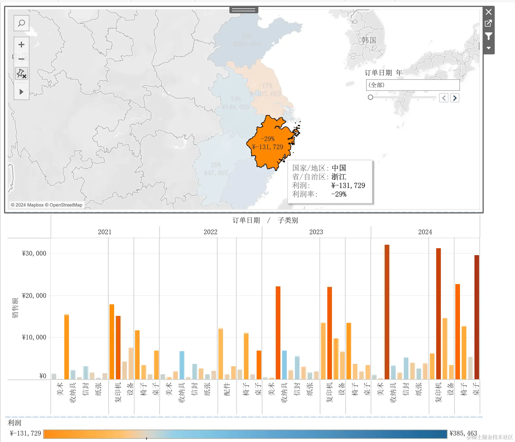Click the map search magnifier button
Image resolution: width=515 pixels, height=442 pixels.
pyautogui.click(x=21, y=23)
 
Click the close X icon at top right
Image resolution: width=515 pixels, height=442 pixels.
pyautogui.click(x=489, y=12)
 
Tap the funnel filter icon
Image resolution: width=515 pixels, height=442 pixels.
pyautogui.click(x=489, y=36)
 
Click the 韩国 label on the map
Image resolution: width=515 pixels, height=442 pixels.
pyautogui.click(x=369, y=40)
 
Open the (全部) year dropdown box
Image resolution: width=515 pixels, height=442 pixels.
pyautogui.click(x=412, y=85)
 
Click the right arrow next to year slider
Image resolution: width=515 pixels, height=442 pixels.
pyautogui.click(x=455, y=98)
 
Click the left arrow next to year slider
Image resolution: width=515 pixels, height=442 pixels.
pyautogui.click(x=444, y=98)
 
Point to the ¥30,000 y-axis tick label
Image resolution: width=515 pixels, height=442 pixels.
pyautogui.click(x=34, y=253)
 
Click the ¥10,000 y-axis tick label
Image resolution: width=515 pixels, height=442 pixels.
pyautogui.click(x=34, y=337)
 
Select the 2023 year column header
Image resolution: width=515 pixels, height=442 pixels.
pyautogui.click(x=316, y=232)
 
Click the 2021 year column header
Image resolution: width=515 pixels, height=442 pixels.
pyautogui.click(x=105, y=232)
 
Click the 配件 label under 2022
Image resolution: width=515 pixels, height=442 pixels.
pyautogui.click(x=227, y=389)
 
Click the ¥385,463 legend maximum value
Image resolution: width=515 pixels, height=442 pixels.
pyautogui.click(x=463, y=433)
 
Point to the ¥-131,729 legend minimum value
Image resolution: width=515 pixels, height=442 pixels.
pyautogui.click(x=25, y=433)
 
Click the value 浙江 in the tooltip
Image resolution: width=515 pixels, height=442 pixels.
pyautogui.click(x=339, y=177)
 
